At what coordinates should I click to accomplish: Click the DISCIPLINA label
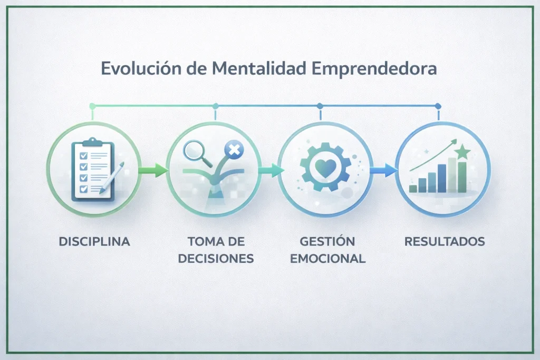coord(94,242)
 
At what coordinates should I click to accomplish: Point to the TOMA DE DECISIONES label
coord(216,250)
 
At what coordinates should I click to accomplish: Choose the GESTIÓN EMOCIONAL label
coord(327,250)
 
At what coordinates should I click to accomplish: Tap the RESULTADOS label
coord(444,242)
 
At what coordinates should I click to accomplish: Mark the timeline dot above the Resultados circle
coord(438,106)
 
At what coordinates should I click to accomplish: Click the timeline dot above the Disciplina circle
coord(92,106)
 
